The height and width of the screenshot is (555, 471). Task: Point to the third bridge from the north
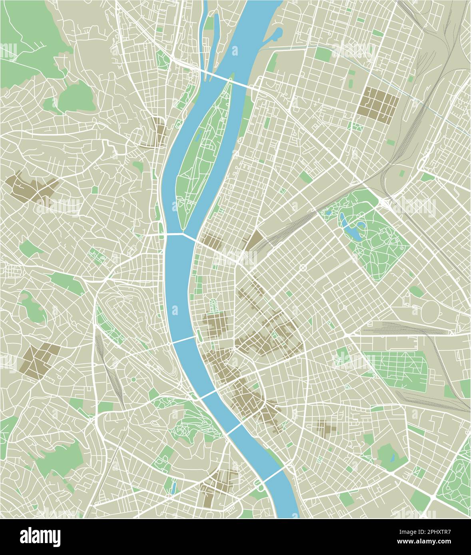coord(184,340)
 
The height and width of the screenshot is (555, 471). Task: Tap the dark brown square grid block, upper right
coord(378,102)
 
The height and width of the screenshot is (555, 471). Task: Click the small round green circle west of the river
coord(134,379)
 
